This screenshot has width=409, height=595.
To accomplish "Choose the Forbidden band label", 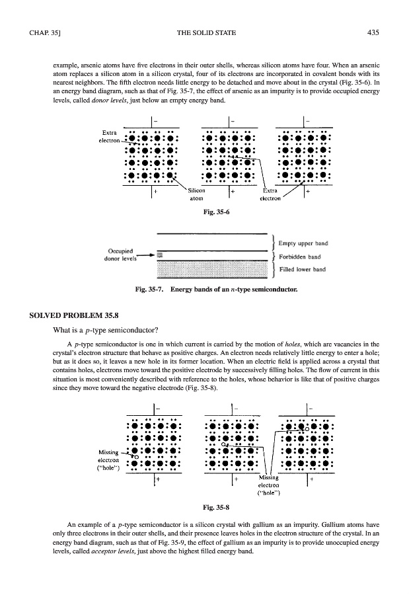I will tap(301, 257).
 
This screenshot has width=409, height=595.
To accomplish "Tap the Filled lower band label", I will tap(303, 269).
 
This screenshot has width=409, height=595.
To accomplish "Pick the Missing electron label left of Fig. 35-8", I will tap(108, 457).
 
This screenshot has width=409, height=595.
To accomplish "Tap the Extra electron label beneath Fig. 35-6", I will tap(271, 194).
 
